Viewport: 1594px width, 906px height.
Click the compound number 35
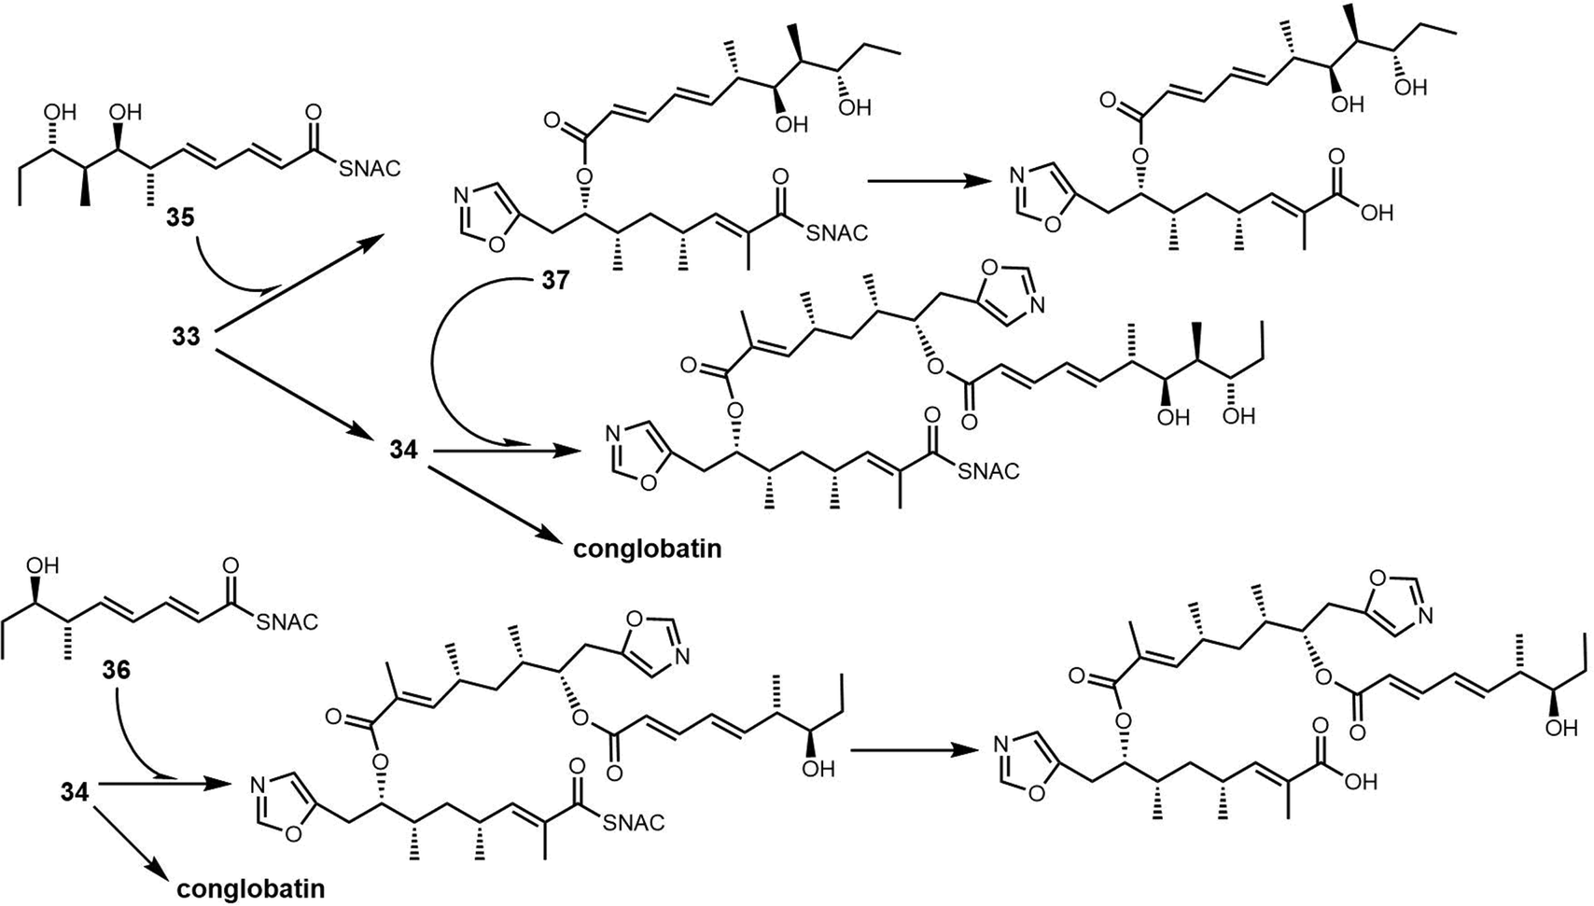point(181,216)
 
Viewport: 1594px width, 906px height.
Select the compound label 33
point(187,336)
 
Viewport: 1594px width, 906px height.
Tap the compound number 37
point(555,281)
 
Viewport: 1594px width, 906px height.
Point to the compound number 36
point(116,671)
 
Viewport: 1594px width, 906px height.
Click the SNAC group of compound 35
point(370,168)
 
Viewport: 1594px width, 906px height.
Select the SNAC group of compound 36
point(287,622)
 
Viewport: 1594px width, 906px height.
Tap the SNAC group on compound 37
point(837,232)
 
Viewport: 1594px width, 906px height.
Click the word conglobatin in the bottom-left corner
point(251,888)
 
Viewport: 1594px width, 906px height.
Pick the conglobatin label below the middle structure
point(648,549)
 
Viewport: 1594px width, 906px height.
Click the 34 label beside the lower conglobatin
point(75,792)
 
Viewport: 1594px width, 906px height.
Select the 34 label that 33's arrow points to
point(403,450)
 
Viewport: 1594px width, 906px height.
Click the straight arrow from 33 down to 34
point(294,392)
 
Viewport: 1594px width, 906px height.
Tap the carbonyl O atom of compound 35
point(313,111)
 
